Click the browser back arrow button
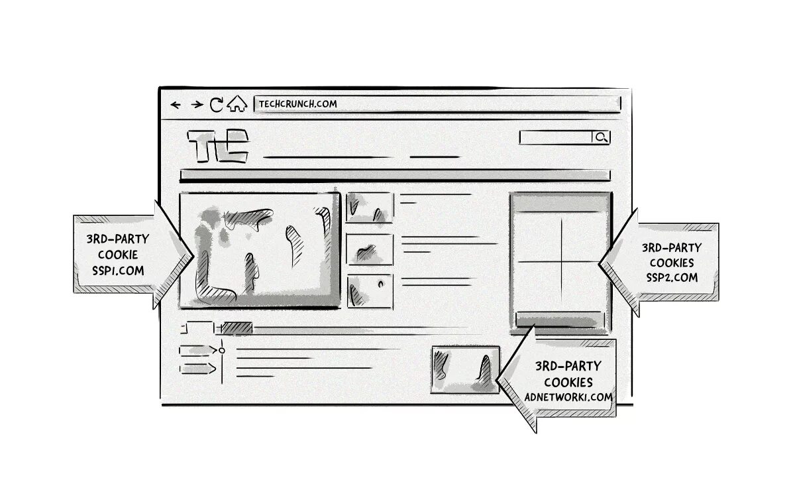tap(176, 105)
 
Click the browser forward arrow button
tap(197, 105)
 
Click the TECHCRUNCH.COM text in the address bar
tap(297, 103)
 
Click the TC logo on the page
tap(218, 147)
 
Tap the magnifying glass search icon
tap(601, 137)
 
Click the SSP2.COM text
tap(672, 278)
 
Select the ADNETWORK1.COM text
tap(568, 397)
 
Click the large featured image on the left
tap(260, 250)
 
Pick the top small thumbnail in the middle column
tap(370, 208)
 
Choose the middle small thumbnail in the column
tap(370, 249)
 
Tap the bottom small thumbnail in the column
tap(370, 290)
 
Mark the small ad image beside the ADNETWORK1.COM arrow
tap(464, 369)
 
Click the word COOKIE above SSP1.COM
tap(118, 255)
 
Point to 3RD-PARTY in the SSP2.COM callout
tap(671, 247)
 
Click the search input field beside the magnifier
tap(555, 137)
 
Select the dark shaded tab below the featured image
tap(237, 328)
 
